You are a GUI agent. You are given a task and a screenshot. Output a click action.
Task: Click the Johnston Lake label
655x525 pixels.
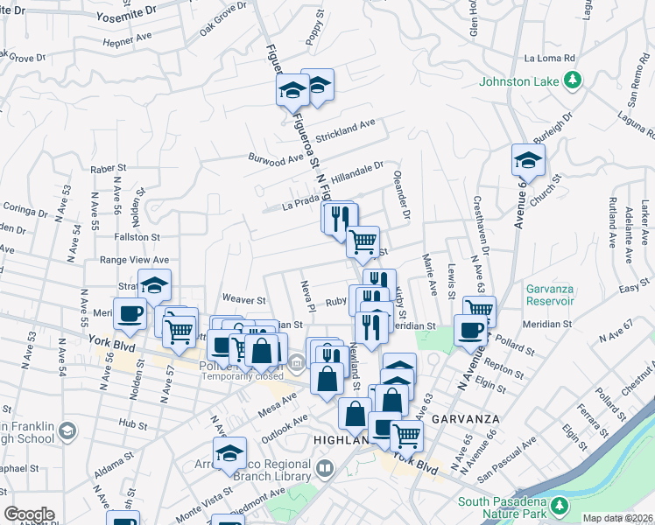[518, 82]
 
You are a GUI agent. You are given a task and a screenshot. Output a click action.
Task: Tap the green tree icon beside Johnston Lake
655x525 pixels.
[573, 81]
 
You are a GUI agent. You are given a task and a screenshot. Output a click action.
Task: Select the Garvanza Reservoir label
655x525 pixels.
[550, 295]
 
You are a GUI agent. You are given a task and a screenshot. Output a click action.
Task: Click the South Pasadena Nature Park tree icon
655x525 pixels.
[561, 506]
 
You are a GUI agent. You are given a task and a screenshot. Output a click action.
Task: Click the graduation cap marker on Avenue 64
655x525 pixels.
[528, 160]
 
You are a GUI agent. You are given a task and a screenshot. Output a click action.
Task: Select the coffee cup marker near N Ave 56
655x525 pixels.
[130, 314]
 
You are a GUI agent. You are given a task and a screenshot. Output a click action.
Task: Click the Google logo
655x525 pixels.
[29, 514]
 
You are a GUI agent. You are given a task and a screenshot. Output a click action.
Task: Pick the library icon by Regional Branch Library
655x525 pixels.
[324, 469]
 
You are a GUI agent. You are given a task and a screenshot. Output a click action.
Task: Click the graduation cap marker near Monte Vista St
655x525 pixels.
[229, 454]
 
